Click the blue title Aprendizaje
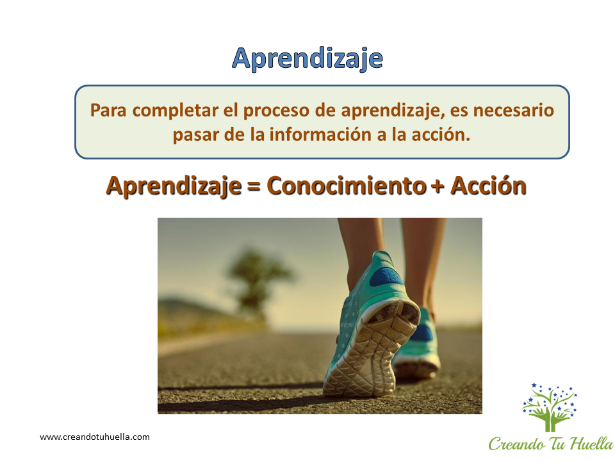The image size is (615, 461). [307, 59]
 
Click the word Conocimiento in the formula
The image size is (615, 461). [347, 186]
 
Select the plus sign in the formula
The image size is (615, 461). [438, 187]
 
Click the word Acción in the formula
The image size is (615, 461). [488, 185]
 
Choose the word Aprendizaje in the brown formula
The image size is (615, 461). [174, 186]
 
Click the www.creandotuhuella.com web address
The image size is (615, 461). [95, 437]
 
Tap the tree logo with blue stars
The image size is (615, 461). [550, 408]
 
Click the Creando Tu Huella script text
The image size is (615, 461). [551, 444]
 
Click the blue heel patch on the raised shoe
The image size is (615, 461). [386, 275]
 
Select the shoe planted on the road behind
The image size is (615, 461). [417, 345]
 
